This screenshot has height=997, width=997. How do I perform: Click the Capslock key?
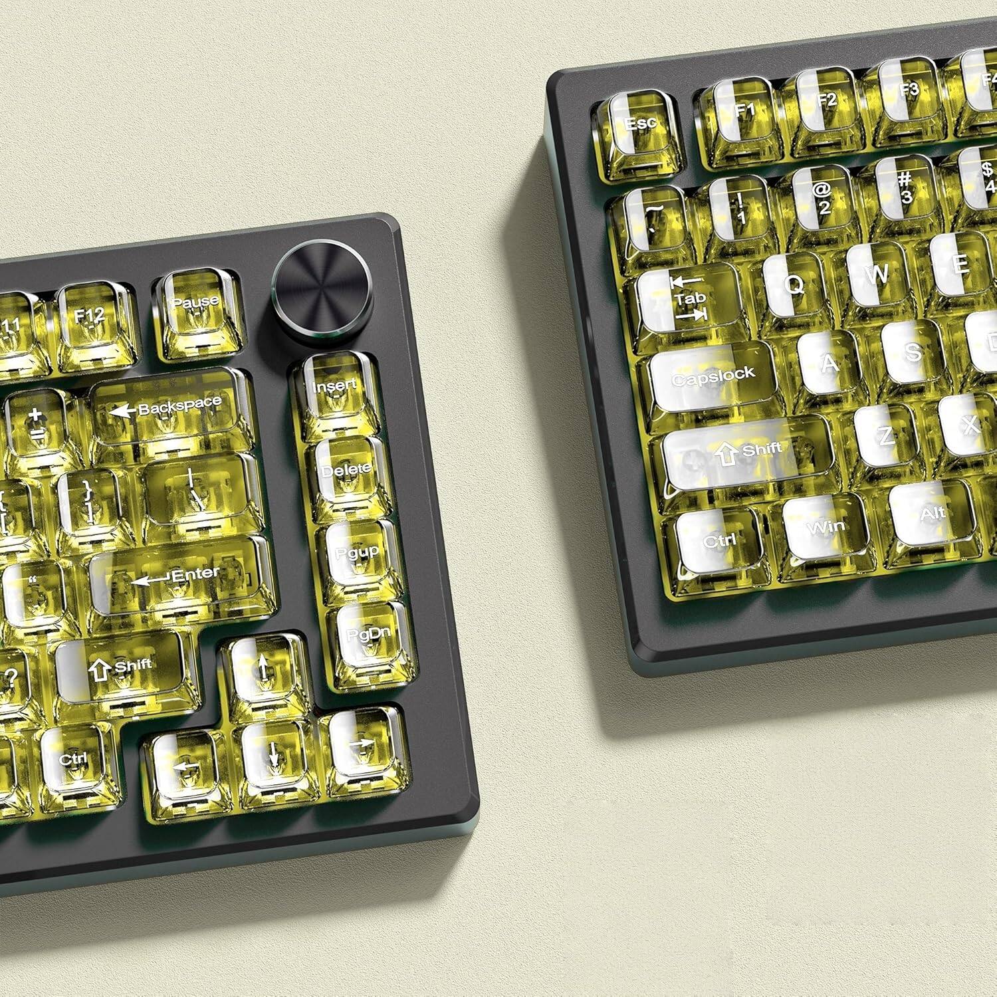point(713,377)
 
